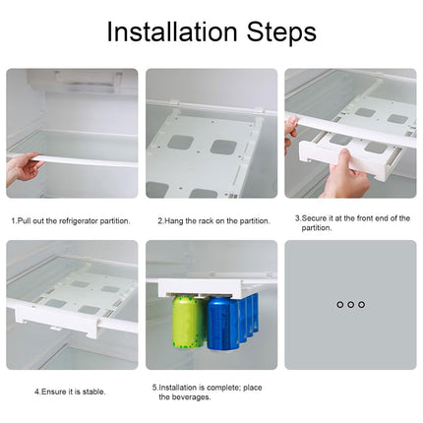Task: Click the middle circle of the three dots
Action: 350,305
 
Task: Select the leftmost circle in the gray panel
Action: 339,305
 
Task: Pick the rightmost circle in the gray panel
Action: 361,305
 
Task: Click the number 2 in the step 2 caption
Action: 158,220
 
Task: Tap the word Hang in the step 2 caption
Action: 173,220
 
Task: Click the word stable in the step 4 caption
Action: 91,391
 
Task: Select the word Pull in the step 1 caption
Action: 24,220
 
